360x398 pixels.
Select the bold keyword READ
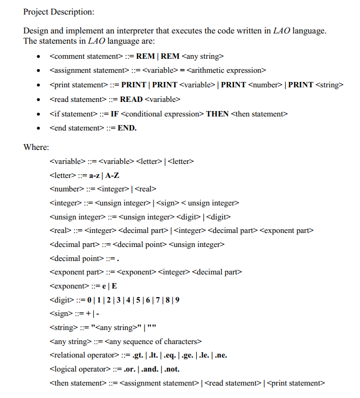(x=131, y=99)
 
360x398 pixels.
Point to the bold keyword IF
(x=114, y=114)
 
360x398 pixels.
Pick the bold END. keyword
(x=127, y=128)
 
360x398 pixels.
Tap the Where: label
(x=36, y=147)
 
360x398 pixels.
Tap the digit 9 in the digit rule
(x=177, y=299)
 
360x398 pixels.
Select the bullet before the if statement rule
(x=37, y=114)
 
